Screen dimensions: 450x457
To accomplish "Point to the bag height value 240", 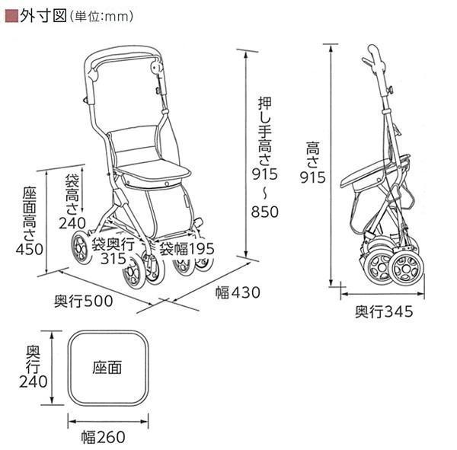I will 72,223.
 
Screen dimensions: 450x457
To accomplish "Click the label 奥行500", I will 83,300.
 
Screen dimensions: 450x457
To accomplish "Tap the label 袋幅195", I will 187,249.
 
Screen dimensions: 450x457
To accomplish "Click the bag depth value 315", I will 113,259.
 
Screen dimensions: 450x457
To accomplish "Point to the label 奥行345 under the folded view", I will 383,311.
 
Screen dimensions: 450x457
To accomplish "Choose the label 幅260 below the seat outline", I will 107,437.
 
